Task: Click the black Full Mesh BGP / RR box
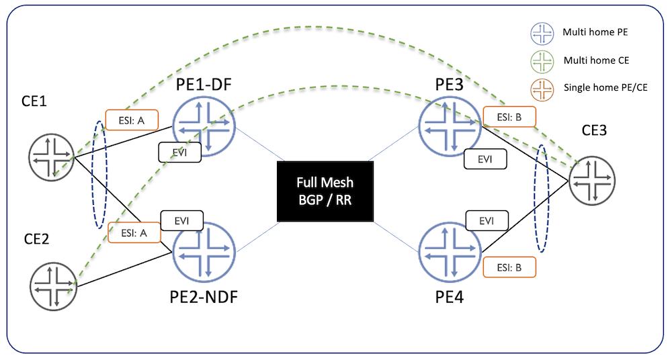click(x=325, y=191)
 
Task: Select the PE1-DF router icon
click(x=204, y=125)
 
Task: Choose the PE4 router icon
click(x=449, y=253)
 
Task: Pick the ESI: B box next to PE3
click(x=509, y=116)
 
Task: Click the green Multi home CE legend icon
click(x=542, y=61)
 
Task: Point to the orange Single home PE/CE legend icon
click(x=542, y=89)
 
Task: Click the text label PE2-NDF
click(x=204, y=296)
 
